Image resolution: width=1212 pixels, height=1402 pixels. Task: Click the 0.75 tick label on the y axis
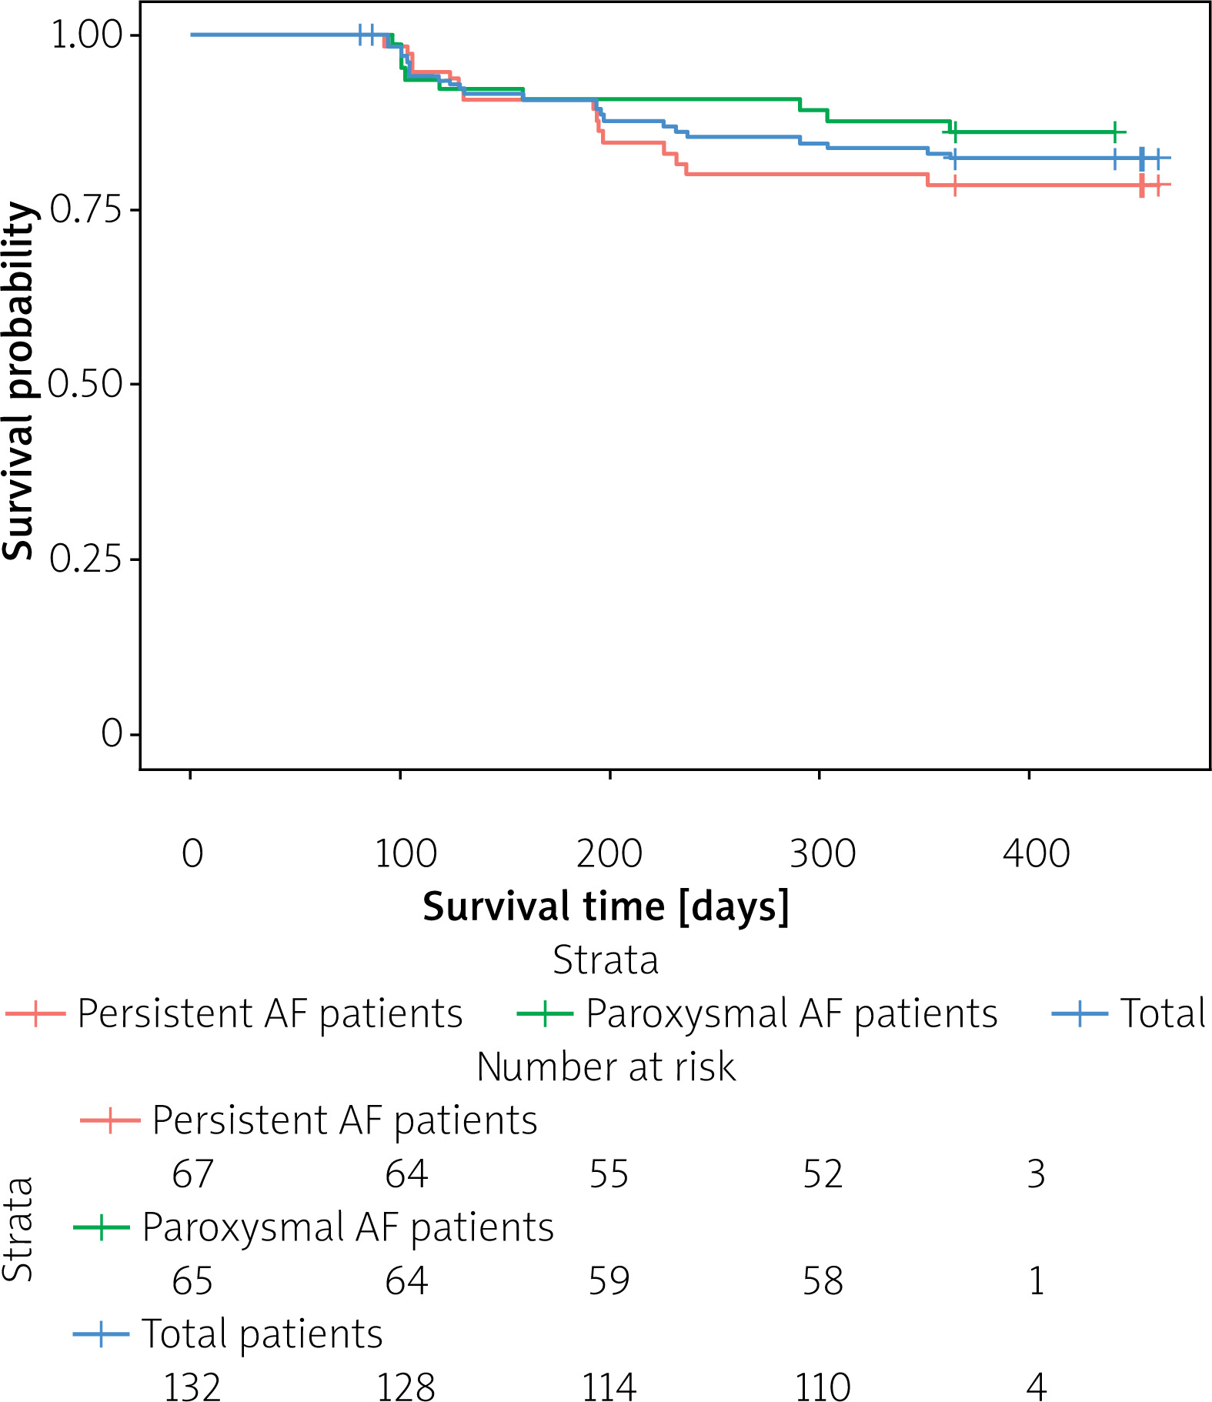pyautogui.click(x=86, y=209)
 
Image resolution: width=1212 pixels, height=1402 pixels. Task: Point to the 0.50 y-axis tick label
pyautogui.click(x=86, y=384)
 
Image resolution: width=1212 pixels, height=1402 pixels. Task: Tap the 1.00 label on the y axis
pyautogui.click(x=86, y=35)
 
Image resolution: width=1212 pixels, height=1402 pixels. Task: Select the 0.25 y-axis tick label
pyautogui.click(x=86, y=559)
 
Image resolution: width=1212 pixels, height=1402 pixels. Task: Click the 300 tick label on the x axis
pyautogui.click(x=823, y=853)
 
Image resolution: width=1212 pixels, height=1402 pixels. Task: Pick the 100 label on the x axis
pyautogui.click(x=406, y=853)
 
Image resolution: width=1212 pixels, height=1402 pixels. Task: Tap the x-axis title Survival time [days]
pyautogui.click(x=606, y=906)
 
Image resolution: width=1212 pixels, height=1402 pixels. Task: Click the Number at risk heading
pyautogui.click(x=606, y=1067)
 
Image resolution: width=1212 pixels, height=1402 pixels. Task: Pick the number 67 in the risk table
pyautogui.click(x=192, y=1174)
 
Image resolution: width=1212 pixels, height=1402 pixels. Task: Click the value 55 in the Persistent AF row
pyautogui.click(x=609, y=1174)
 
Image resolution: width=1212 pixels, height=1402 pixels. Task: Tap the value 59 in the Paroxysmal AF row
pyautogui.click(x=609, y=1281)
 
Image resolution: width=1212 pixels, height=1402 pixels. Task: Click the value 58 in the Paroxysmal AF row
pyautogui.click(x=823, y=1281)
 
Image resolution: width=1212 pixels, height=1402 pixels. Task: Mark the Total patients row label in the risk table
pyautogui.click(x=262, y=1334)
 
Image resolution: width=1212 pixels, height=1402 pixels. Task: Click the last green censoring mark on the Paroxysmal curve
pyautogui.click(x=1114, y=132)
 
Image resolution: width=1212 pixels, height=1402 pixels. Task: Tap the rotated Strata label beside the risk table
pyautogui.click(x=18, y=1239)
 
